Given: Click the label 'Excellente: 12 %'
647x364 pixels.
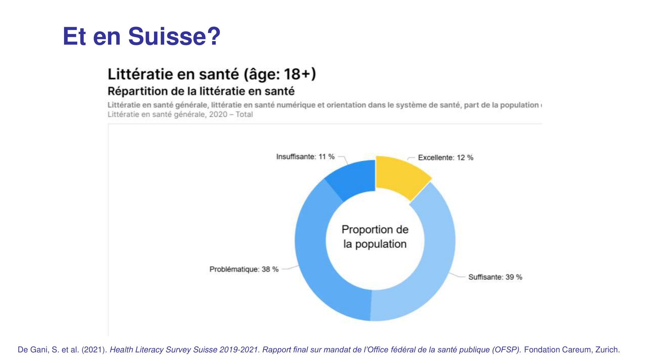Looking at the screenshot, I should tap(445, 158).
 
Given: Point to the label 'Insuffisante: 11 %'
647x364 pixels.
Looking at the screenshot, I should tap(305, 157).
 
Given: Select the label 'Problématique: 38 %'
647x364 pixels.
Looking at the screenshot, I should tap(244, 269).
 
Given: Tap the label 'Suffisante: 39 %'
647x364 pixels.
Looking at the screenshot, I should tap(495, 277).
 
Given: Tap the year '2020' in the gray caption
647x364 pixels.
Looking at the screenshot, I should tap(218, 115).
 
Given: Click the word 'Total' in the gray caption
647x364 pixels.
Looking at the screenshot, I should tap(244, 115).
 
